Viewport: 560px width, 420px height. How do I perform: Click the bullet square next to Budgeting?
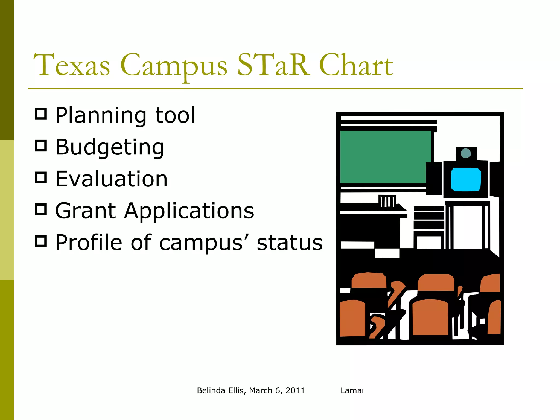tap(41, 146)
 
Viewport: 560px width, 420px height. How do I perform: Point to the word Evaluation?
tap(111, 179)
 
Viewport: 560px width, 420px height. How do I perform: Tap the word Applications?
tap(189, 211)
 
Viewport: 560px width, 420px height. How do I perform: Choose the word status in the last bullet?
tap(290, 243)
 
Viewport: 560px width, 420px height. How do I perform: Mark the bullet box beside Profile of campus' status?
tap(41, 241)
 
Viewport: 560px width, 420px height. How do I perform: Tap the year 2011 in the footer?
tap(295, 390)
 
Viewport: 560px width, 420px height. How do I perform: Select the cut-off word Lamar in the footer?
tap(352, 390)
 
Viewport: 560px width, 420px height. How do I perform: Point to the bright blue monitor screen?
tap(466, 180)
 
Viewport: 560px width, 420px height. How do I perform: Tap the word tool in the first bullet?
tap(175, 115)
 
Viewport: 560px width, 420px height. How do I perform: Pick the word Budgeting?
tap(109, 147)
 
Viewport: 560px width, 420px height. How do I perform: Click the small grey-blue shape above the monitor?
tap(466, 153)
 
